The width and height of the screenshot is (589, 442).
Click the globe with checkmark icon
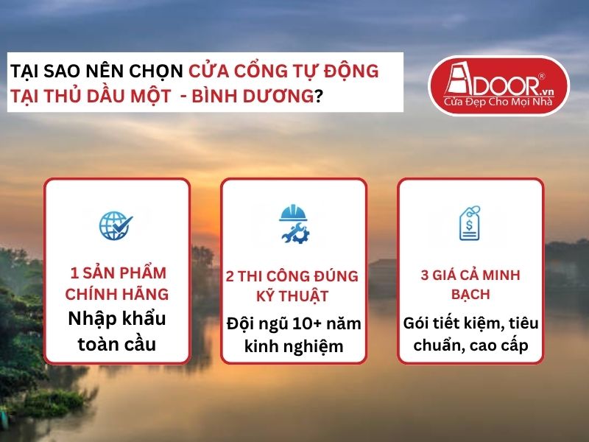click(x=116, y=226)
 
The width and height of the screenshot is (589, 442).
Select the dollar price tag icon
click(x=470, y=222)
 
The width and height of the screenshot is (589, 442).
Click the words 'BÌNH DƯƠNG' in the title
click(x=264, y=97)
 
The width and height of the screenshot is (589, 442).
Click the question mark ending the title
click(x=318, y=97)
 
